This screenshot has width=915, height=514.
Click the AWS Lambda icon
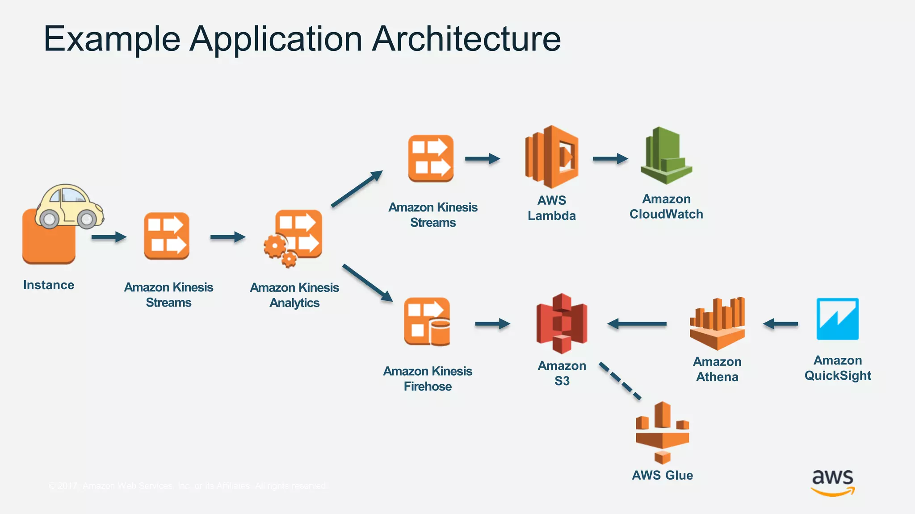click(552, 157)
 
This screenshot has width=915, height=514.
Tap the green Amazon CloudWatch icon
click(666, 156)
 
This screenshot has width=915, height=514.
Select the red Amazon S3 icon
click(562, 323)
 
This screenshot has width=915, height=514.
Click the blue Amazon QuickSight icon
click(838, 319)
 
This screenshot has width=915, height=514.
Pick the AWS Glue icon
click(662, 432)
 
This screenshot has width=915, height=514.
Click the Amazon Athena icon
click(717, 323)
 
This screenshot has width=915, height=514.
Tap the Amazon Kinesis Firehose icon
click(427, 322)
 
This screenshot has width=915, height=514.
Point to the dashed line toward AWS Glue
click(620, 381)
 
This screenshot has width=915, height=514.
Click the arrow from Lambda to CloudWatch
click(610, 158)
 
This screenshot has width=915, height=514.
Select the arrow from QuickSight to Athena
click(781, 323)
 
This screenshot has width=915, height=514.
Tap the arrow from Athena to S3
click(637, 323)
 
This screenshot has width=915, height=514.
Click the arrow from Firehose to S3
click(492, 323)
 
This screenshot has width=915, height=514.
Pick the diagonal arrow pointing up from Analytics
click(357, 189)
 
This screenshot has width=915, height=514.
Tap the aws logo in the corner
click(833, 482)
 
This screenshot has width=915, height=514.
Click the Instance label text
click(49, 285)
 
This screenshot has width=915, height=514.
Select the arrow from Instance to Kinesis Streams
click(109, 237)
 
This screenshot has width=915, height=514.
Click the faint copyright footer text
click(188, 485)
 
